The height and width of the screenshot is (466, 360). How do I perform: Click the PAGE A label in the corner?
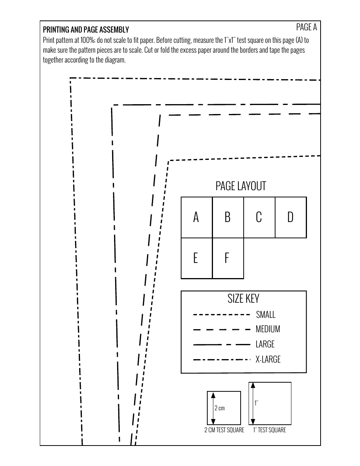tap(306, 27)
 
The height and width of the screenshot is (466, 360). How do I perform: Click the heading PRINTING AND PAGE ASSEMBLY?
tap(86, 30)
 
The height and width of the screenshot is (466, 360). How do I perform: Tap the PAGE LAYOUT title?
tap(241, 186)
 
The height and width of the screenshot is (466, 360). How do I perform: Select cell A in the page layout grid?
tap(196, 217)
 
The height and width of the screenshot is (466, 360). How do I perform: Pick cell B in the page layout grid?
tap(227, 217)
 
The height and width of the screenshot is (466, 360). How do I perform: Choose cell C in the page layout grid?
tap(259, 217)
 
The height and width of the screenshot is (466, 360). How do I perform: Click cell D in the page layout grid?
tap(290, 217)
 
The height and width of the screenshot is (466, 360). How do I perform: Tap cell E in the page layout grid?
tap(196, 258)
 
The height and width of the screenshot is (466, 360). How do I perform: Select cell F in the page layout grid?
tap(227, 258)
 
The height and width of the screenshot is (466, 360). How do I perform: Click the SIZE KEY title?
tap(243, 299)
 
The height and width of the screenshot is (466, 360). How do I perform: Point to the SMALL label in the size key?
tap(266, 314)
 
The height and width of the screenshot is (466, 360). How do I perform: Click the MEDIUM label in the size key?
tap(268, 329)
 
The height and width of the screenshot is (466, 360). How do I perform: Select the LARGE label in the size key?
tap(265, 344)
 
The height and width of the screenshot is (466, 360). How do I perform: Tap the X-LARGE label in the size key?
tap(268, 359)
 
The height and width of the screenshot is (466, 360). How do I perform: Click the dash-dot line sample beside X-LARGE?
tap(222, 360)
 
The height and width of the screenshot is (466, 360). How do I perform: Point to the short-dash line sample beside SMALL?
tap(222, 315)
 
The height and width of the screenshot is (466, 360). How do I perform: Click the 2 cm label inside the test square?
tap(219, 408)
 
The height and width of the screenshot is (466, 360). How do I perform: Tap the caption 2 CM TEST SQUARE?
tap(224, 430)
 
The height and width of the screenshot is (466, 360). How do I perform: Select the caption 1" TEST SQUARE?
tap(269, 430)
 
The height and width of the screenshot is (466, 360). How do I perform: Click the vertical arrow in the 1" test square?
tap(253, 403)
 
